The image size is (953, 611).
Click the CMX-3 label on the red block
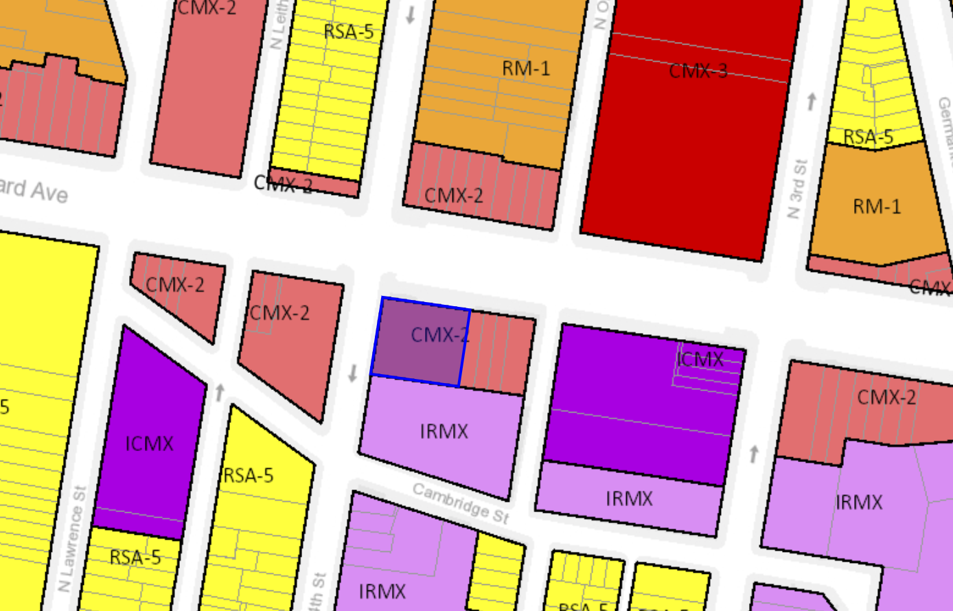coord(698,70)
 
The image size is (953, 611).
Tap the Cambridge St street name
coord(461,502)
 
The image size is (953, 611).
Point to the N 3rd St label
coord(797,189)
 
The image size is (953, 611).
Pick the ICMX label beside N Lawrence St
coord(149,443)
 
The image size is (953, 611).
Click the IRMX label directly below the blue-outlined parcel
coord(444,431)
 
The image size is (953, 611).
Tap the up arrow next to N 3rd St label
coord(811,102)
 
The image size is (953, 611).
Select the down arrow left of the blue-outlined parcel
coord(353,373)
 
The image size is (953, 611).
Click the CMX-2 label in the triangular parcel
coord(175,284)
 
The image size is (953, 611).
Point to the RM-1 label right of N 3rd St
coord(876,206)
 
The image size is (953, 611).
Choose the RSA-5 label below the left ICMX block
coord(135,557)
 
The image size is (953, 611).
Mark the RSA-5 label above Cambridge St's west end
coord(248,475)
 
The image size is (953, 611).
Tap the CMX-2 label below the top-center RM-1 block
coord(453,195)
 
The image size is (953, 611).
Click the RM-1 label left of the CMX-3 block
coord(526,68)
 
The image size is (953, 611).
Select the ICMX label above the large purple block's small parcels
coord(700,358)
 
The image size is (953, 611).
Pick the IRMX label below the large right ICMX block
coord(629,498)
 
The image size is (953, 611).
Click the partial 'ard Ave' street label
coord(34,190)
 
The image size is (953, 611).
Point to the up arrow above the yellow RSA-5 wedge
coord(220,392)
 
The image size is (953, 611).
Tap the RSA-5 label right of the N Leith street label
coord(348,32)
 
